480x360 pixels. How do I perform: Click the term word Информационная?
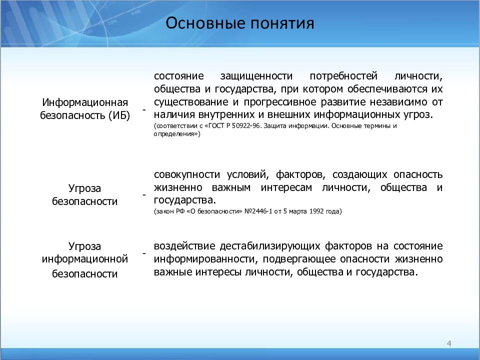click(85, 102)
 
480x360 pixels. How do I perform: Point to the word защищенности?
click(256, 76)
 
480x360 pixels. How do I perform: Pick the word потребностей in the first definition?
click(343, 76)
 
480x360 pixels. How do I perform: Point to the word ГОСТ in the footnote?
click(216, 126)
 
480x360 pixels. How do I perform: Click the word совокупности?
click(187, 174)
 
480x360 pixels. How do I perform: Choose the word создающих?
click(359, 174)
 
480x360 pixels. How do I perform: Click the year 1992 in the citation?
click(316, 211)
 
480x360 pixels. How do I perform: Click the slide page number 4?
click(449, 343)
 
